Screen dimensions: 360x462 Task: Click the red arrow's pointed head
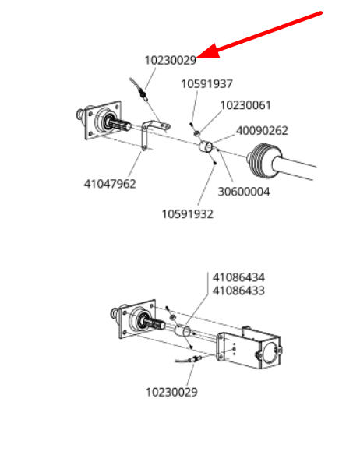point(198,56)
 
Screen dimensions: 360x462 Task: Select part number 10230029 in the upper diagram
point(171,61)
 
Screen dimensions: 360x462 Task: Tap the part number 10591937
point(206,83)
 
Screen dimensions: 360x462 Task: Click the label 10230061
point(245,105)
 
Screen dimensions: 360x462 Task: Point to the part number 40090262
point(262,131)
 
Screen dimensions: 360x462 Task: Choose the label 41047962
point(110,184)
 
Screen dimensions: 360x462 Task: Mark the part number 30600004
point(244,192)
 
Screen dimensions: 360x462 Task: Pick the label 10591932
point(187,214)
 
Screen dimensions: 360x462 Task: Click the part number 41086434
point(238,277)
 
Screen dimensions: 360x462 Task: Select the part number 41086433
point(238,291)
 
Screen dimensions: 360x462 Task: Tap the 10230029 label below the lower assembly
point(171,392)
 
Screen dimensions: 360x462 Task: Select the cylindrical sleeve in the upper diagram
point(205,146)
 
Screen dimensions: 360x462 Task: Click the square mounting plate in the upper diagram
point(103,120)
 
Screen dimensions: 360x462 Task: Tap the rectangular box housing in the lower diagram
point(249,347)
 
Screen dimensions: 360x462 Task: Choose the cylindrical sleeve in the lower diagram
point(183,330)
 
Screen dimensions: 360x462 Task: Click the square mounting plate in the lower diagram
point(137,319)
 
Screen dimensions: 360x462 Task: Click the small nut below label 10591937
point(196,133)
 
